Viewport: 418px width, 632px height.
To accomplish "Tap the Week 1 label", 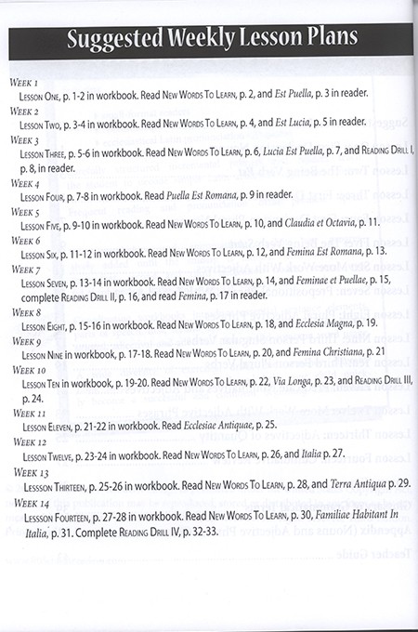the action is tap(23, 84).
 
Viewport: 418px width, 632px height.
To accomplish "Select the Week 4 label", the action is tap(23, 184).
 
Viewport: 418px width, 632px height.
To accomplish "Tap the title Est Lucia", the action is tap(283, 122).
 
